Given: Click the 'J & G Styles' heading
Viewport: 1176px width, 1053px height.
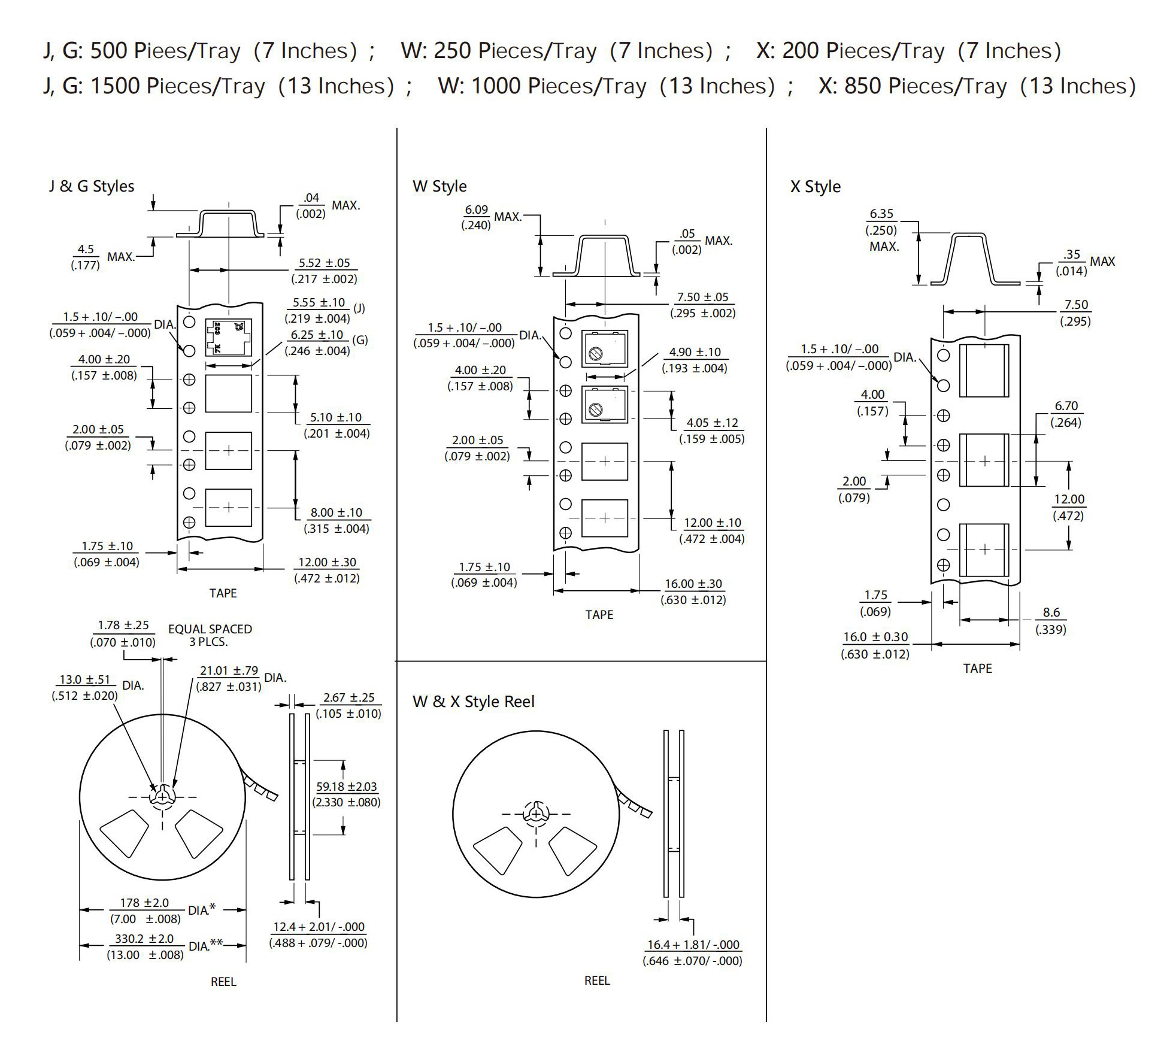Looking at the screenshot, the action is pos(92,186).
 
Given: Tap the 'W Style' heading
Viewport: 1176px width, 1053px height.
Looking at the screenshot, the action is pos(440,186).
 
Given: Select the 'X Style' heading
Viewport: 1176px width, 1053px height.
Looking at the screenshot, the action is pos(816,187).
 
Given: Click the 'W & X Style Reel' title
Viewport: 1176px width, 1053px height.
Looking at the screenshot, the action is pos(473,702).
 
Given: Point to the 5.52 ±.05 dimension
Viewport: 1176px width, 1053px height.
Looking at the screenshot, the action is pos(325,263).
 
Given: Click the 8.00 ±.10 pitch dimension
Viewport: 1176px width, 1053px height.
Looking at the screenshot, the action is pos(337,512).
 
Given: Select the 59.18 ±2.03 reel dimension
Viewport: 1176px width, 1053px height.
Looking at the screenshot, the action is pos(347,787).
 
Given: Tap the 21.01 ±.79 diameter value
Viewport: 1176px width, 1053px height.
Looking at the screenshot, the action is pos(229,670).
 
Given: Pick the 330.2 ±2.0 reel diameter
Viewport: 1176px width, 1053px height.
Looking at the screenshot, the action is pos(144,939).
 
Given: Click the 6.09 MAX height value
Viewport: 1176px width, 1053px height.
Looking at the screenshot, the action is pos(477,210).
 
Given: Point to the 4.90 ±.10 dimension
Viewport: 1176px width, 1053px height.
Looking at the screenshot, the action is pos(695,352).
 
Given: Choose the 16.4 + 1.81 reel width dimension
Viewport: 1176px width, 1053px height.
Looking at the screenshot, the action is pos(693,945).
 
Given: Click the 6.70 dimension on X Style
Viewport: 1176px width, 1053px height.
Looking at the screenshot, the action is pos(1066,406).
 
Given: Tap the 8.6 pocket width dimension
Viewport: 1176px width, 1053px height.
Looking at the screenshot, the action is pos(1051,612).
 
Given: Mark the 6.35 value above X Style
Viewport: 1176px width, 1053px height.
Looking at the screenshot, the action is pos(881,214).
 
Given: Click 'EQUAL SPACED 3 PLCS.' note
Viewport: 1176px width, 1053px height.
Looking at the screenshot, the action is pos(210,635).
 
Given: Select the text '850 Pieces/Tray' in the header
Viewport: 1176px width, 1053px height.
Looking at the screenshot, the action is pos(926,86).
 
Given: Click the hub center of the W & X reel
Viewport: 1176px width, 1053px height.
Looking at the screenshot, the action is pos(536,814).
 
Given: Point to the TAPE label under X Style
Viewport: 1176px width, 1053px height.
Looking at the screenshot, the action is pos(977,669).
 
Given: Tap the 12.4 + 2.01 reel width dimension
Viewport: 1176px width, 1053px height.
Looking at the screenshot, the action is pos(319,927).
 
